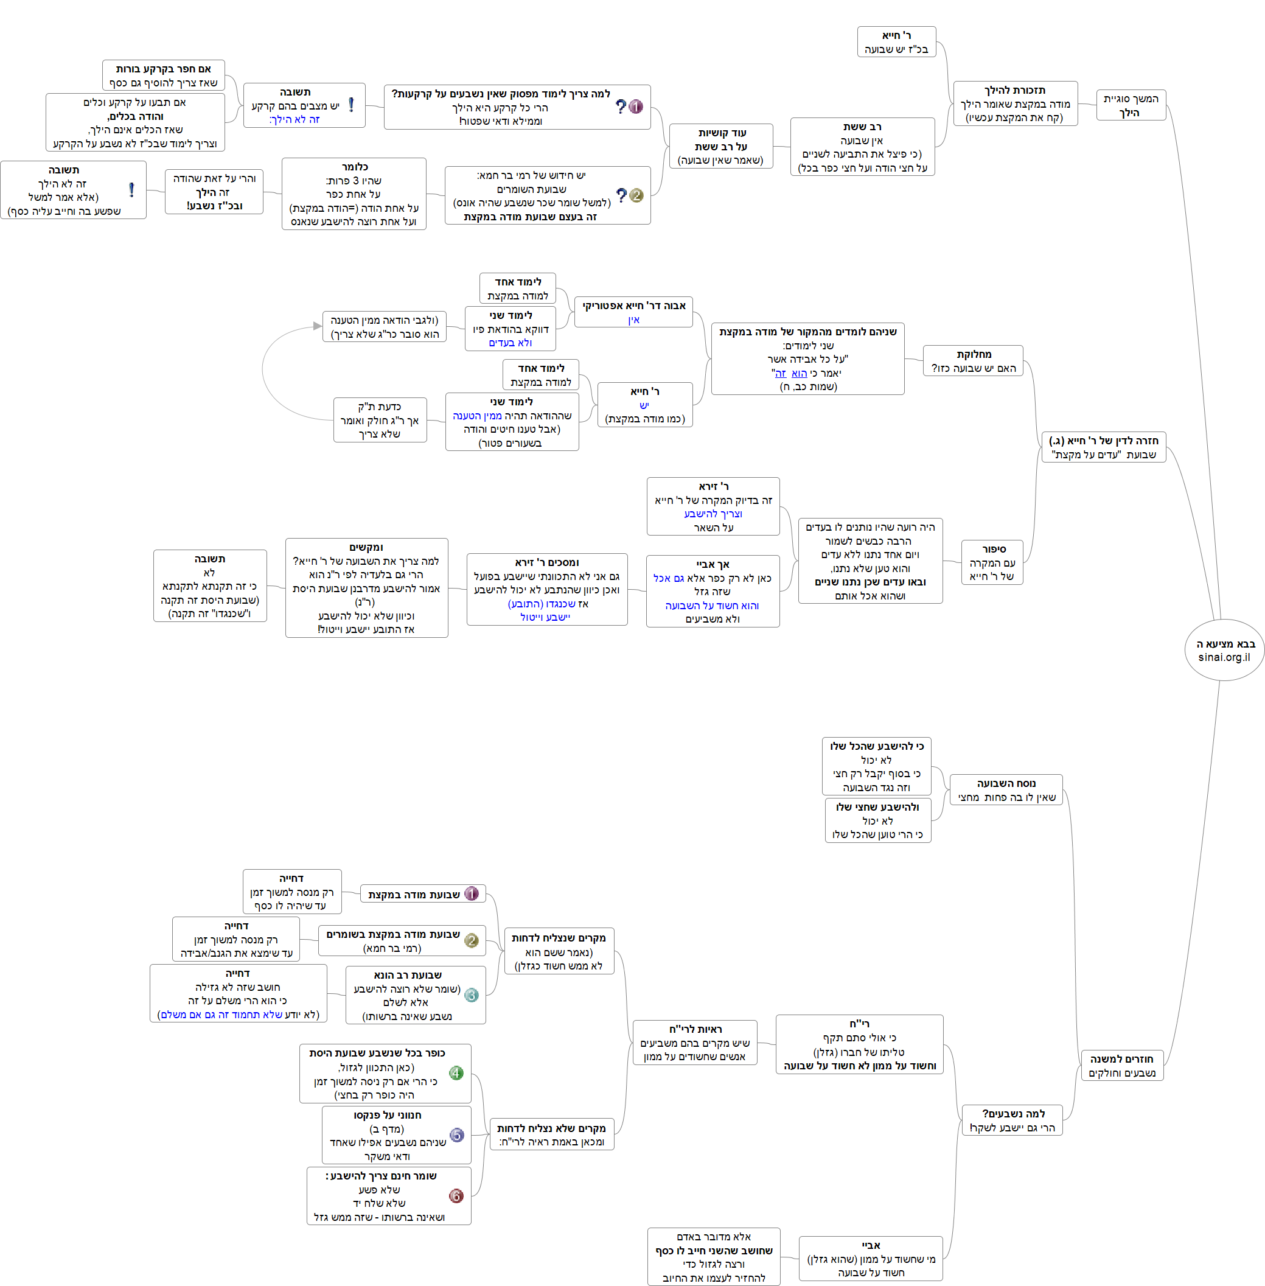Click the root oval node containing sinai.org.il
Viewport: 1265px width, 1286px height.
coord(1224,650)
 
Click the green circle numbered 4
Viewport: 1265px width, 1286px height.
coord(456,1072)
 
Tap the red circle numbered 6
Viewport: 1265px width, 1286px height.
coord(456,1195)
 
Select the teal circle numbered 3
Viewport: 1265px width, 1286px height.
coord(471,995)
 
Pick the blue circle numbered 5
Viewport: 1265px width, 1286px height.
coord(456,1135)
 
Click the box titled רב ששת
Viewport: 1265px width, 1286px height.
coord(862,147)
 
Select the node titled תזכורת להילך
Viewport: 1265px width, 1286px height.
coord(1014,103)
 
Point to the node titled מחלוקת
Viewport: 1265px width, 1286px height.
coord(973,361)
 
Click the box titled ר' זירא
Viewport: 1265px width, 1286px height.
coord(713,506)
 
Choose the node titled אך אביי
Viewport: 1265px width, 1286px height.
coord(713,591)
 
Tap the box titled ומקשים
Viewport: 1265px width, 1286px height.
coord(366,587)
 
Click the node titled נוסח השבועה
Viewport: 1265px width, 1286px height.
coord(1006,789)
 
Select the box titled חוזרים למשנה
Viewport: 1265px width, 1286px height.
coord(1121,1065)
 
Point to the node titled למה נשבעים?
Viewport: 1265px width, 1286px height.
coord(1012,1120)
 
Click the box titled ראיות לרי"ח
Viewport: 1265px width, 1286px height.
coord(694,1042)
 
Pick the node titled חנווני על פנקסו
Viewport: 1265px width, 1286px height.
coord(396,1134)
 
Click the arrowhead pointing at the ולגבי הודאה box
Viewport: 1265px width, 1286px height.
coord(318,326)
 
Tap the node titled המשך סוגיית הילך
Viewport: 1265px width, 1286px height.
coord(1130,105)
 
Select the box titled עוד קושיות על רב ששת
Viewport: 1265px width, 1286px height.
coord(721,146)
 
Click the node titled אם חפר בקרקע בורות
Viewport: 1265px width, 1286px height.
coord(164,75)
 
